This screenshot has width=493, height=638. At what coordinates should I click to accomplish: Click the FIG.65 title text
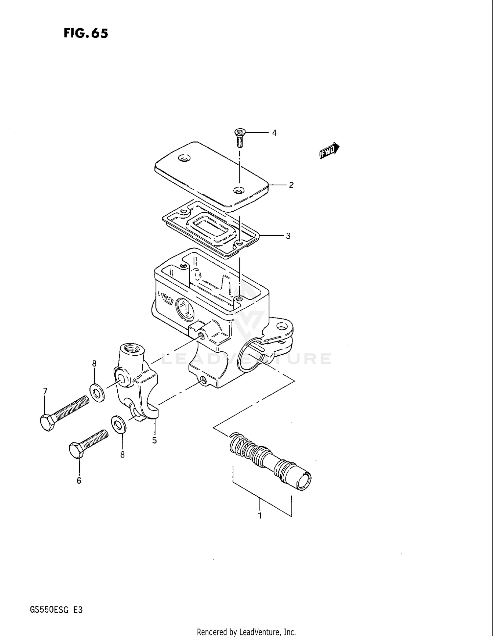85,33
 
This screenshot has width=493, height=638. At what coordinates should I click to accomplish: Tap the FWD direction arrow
329,151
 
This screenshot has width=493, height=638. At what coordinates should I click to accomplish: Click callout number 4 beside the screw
274,133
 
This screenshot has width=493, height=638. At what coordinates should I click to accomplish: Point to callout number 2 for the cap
291,185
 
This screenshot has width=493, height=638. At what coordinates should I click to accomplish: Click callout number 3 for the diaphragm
288,236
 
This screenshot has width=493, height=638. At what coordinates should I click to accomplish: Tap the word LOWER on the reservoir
166,297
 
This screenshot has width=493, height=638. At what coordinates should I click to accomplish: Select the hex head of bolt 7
47,423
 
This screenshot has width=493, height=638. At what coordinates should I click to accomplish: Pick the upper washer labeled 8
97,392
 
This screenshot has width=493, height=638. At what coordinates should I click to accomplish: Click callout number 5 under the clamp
154,440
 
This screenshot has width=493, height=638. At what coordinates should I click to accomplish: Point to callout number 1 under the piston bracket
260,515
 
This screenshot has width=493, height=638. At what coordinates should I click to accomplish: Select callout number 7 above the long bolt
45,391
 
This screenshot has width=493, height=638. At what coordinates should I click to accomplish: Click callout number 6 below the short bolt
79,481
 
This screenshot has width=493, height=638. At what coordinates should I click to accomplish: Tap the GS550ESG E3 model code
56,610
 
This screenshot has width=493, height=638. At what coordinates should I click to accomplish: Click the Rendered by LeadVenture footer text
246,632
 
